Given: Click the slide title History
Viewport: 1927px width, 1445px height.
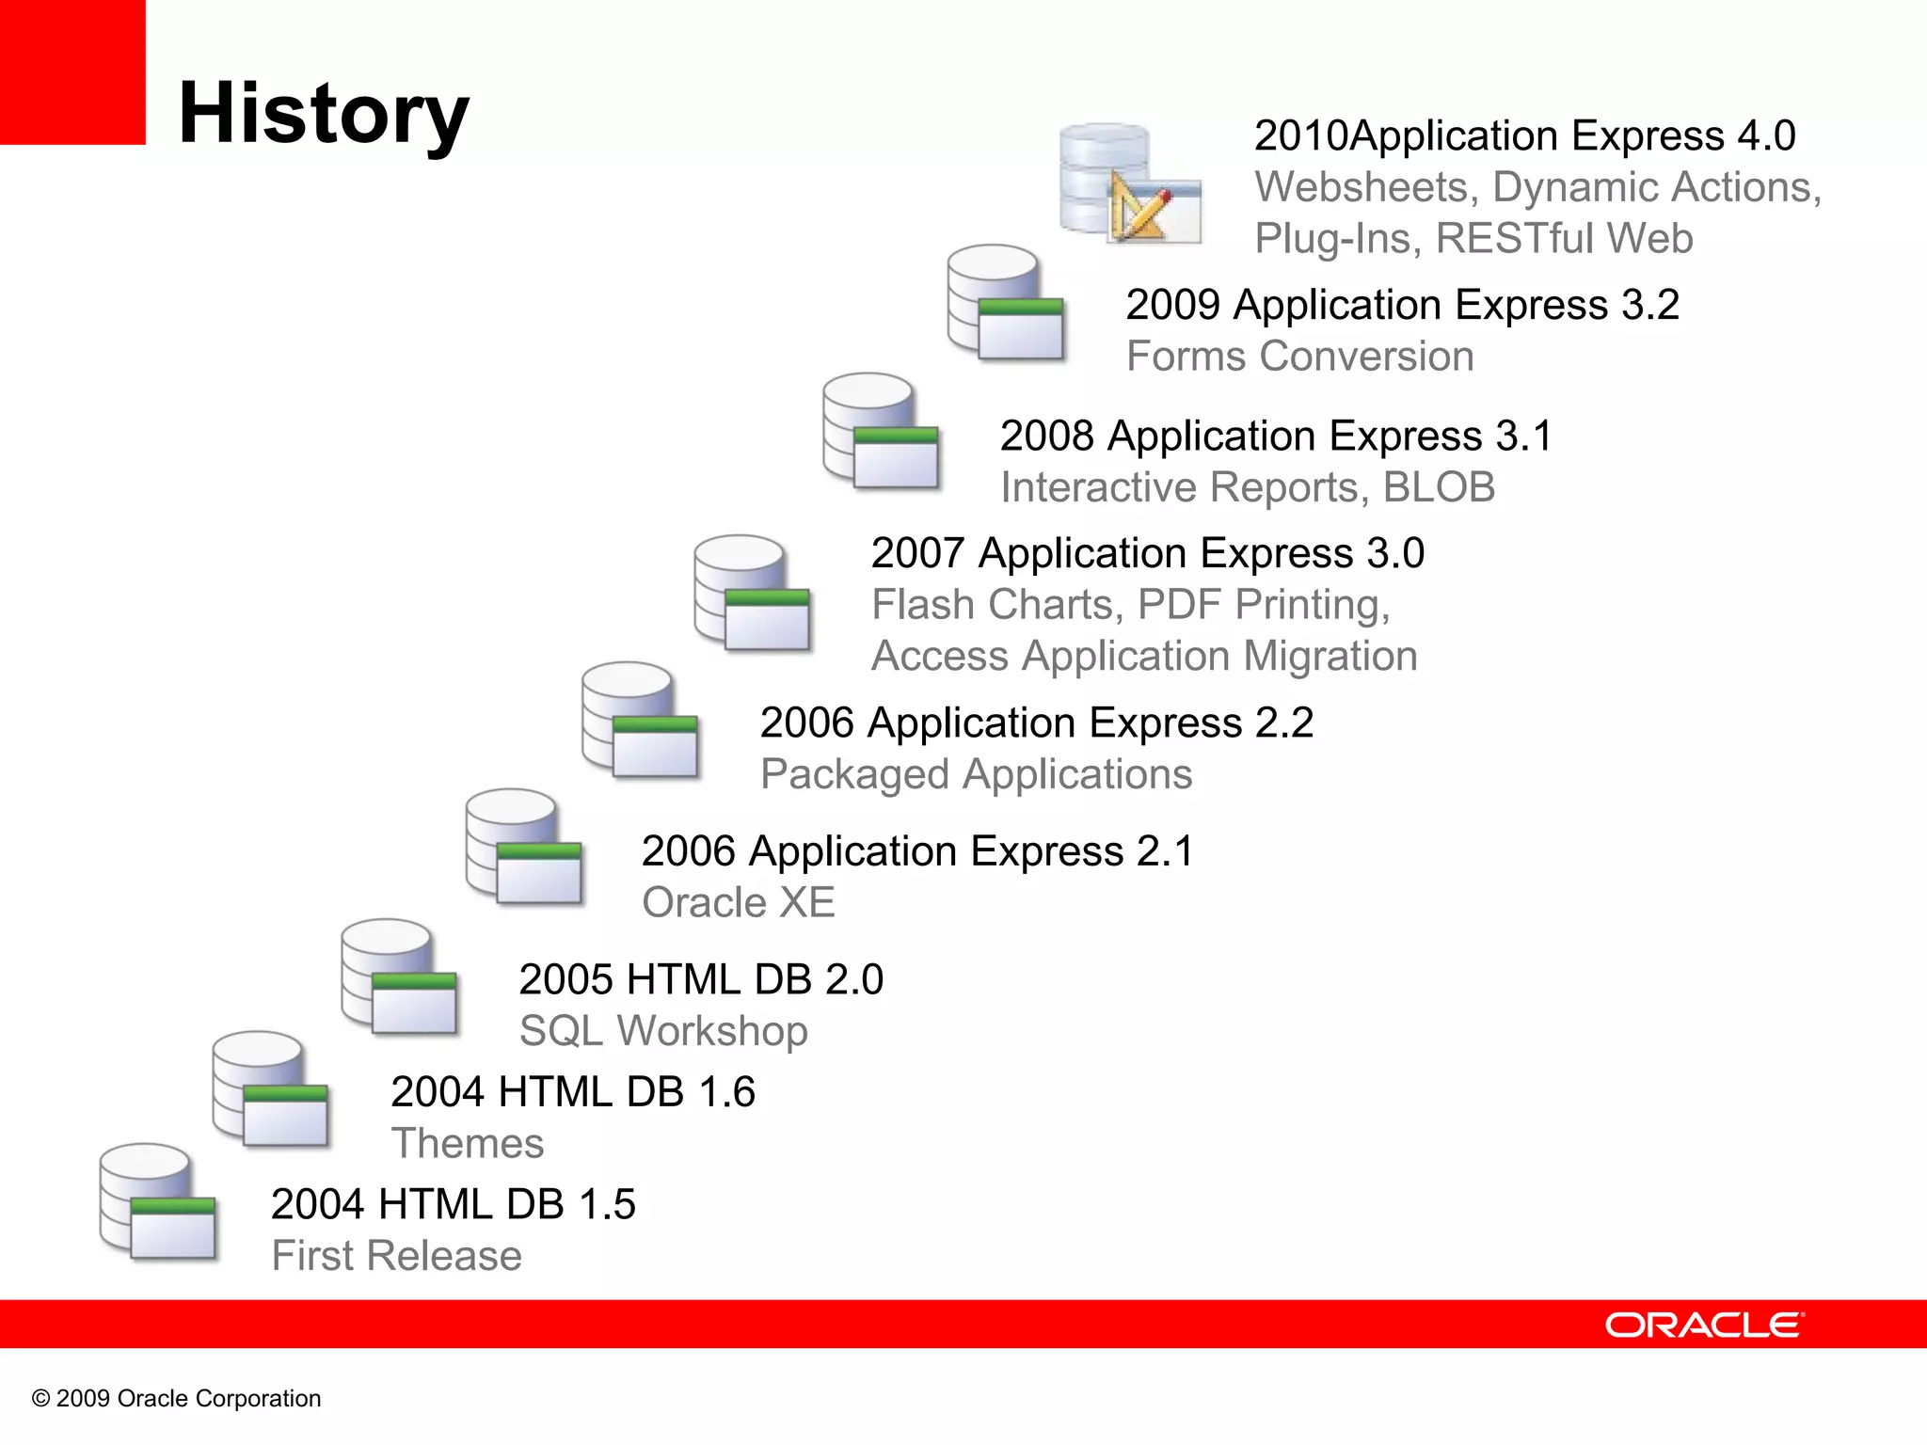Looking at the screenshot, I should pos(323,113).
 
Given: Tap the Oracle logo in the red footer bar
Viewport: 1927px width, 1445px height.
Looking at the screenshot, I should pos(1704,1325).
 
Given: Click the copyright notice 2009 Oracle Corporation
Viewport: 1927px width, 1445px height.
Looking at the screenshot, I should pos(177,1398).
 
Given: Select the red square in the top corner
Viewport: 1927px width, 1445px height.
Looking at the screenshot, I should pos(72,71).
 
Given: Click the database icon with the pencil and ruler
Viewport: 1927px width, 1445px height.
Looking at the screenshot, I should pos(1129,183).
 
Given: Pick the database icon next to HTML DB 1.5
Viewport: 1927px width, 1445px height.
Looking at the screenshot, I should pos(157,1201).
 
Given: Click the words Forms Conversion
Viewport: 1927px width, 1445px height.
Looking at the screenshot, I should pos(1299,357).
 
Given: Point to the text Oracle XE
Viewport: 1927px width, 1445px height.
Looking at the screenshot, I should pos(738,902).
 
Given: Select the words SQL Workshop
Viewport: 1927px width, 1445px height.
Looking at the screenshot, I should pos(663,1031).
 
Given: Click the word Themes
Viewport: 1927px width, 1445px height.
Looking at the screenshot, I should pos(467,1144).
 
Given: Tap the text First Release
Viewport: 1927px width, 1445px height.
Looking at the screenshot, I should pos(396,1256).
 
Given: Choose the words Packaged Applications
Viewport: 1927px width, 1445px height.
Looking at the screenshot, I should pos(976,774).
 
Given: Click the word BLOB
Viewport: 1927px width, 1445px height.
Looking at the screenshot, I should pos(1439,487).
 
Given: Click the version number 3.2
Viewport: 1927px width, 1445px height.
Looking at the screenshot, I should pos(1650,305).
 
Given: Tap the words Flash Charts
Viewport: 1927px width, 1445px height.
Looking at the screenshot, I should pos(996,605).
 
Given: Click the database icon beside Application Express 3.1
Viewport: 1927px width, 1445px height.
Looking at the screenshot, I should pos(881,431).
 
